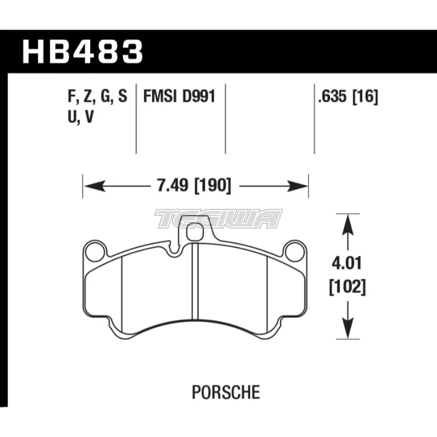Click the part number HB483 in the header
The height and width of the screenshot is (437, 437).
point(83,51)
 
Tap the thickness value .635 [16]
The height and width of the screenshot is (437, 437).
point(348,97)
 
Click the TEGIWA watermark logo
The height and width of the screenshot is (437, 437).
point(218,218)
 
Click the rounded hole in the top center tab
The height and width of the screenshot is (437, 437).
point(193,234)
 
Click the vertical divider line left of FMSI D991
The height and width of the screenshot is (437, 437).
point(136,118)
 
